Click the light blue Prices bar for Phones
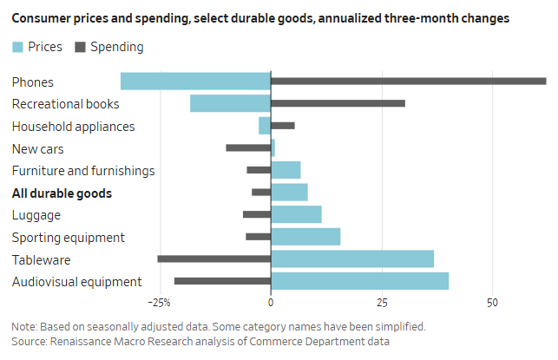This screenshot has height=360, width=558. tap(195, 82)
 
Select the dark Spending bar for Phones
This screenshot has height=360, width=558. tap(408, 82)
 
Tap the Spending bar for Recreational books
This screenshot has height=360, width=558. tap(338, 103)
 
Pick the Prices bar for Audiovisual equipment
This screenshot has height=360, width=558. tap(359, 281)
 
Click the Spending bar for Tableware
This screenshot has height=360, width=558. tap(214, 259)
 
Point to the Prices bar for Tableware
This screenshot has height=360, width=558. tap(352, 259)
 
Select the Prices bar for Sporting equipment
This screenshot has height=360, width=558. tap(305, 236)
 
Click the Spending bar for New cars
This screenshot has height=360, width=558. tap(248, 148)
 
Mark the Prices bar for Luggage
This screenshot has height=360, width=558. tap(296, 214)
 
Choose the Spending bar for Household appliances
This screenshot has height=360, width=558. tap(283, 126)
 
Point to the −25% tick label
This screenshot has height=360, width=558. tap(159, 304)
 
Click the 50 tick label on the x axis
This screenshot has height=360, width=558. tap(492, 304)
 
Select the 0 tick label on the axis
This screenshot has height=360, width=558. tap(271, 304)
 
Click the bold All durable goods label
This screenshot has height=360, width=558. tap(62, 193)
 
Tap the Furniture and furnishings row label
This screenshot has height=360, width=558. tap(83, 171)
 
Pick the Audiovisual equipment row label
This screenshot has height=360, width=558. tap(76, 282)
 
